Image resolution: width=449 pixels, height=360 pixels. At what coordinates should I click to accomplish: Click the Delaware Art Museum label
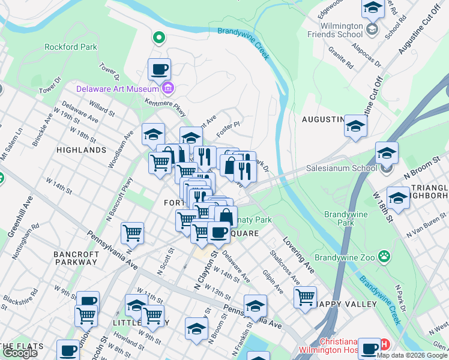[118, 89]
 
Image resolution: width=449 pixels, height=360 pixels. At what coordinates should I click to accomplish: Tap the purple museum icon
[167, 89]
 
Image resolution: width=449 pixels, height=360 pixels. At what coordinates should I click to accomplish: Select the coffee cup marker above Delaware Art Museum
[159, 70]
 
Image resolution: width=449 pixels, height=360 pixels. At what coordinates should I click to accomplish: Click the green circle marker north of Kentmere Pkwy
[159, 38]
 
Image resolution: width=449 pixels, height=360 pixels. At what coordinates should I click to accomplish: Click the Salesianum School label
[343, 170]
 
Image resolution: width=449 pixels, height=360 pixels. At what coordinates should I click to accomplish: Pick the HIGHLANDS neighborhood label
[81, 150]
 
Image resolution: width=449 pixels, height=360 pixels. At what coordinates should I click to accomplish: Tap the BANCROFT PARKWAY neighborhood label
[76, 259]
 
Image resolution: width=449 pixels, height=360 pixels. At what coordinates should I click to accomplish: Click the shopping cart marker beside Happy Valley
[306, 297]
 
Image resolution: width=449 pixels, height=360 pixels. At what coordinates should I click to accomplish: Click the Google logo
[20, 353]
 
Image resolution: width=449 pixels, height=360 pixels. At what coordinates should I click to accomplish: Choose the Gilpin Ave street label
[273, 281]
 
